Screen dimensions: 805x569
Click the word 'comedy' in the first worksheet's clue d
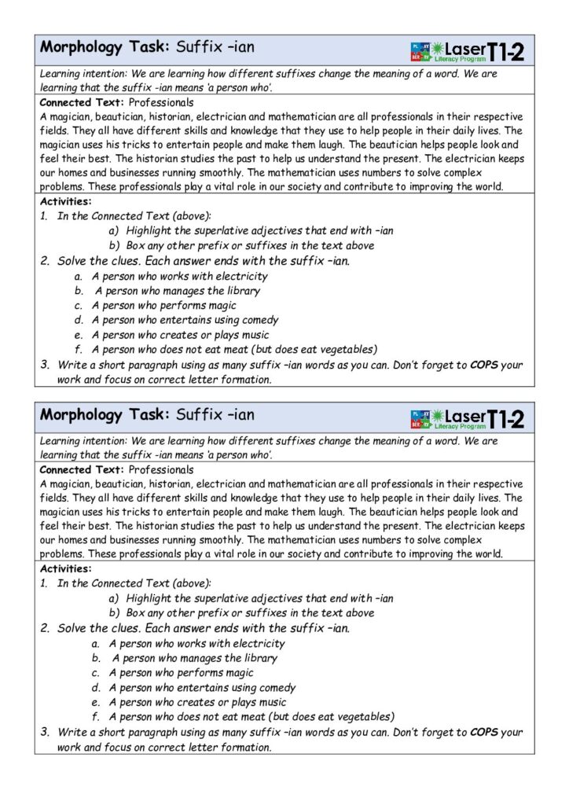tap(260, 320)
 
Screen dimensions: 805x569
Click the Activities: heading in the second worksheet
tap(65, 568)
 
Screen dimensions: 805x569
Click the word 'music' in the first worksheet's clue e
tap(251, 335)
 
